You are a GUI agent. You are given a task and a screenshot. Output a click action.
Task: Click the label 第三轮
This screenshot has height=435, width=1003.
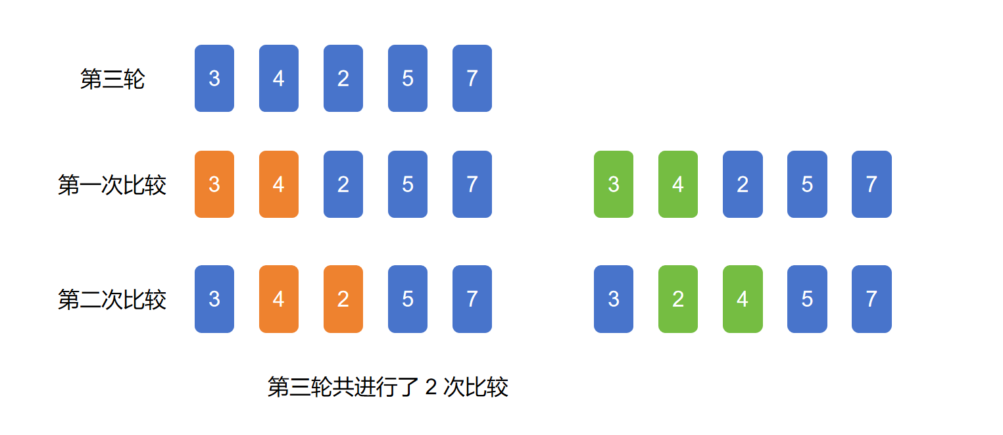click(x=112, y=79)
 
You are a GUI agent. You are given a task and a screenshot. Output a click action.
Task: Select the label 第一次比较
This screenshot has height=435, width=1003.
click(x=112, y=185)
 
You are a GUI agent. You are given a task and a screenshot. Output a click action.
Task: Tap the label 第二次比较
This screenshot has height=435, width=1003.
click(x=112, y=299)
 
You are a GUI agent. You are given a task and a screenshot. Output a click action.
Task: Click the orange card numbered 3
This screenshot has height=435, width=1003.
click(x=214, y=184)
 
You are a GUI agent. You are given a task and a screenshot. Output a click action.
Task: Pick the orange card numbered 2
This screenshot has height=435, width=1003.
click(x=343, y=299)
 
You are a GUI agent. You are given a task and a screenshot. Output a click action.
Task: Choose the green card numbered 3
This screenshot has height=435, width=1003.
click(x=614, y=184)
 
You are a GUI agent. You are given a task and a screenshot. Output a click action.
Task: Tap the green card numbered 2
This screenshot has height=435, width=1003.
click(x=678, y=299)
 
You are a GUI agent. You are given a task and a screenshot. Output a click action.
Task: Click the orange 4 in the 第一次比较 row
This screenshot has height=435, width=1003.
click(x=279, y=184)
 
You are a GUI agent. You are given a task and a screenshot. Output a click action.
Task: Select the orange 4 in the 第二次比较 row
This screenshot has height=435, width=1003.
click(x=279, y=299)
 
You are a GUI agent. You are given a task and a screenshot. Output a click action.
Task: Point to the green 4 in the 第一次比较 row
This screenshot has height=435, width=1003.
click(x=678, y=184)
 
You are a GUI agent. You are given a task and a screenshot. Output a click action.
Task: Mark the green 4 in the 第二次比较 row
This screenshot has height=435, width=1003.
click(x=743, y=299)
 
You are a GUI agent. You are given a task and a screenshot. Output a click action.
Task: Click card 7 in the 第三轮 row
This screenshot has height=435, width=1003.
click(x=472, y=78)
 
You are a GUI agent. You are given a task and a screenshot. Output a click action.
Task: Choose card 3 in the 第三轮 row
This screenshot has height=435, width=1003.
click(x=214, y=78)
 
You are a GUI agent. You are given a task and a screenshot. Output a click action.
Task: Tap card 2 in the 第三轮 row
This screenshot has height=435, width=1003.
click(x=343, y=78)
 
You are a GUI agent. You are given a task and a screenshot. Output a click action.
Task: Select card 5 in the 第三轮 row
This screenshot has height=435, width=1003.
click(x=408, y=78)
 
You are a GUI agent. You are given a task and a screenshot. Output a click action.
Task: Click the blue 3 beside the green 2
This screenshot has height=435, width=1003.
click(x=614, y=299)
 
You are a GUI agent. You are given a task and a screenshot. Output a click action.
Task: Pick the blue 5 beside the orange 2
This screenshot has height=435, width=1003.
click(x=408, y=299)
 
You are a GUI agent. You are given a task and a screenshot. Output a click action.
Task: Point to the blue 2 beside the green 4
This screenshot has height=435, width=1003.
click(x=743, y=184)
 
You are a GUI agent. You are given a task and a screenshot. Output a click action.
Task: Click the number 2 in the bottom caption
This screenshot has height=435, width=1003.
click(x=431, y=387)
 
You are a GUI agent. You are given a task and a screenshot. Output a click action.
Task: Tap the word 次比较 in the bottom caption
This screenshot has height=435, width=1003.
click(x=476, y=387)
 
